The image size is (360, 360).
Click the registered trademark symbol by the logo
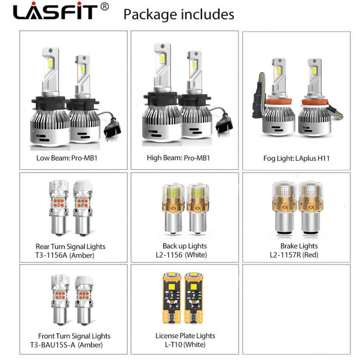105,7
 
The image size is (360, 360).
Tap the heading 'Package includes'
179,15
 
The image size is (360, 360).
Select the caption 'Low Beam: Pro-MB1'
67,158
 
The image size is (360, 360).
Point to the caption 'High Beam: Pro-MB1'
178,157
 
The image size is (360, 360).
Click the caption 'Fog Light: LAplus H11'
296,158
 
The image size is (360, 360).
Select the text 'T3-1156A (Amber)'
65,255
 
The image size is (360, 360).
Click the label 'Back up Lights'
184,246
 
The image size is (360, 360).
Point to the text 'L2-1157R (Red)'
294,255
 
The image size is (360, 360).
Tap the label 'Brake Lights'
299,246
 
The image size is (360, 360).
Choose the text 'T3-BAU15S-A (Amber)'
66,345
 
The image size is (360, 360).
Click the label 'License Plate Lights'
185,336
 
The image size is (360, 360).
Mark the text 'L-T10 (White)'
185,344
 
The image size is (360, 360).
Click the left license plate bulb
172,298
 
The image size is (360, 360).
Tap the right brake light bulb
310,208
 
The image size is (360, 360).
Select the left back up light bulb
173,209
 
